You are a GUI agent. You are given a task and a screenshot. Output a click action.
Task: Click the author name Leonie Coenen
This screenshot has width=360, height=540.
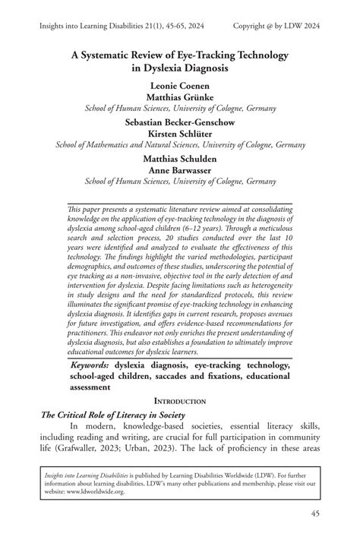click(x=180, y=85)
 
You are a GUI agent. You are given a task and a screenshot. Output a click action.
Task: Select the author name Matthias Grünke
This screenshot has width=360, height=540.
click(x=180, y=96)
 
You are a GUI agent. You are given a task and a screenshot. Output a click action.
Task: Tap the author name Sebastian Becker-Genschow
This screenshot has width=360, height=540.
click(x=180, y=121)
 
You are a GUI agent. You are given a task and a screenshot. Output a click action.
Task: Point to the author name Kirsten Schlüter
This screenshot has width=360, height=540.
click(x=180, y=132)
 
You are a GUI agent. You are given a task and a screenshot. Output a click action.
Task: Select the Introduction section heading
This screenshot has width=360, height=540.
click(x=180, y=400)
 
